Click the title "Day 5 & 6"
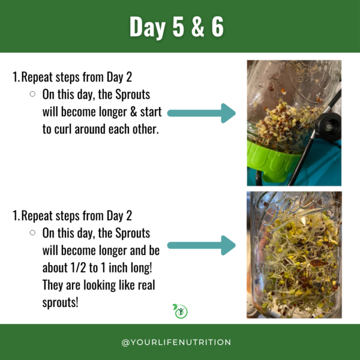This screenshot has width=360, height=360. pos(176,27)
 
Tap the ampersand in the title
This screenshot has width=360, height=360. pos(197,26)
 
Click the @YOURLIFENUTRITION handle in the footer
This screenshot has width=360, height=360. pos(176,343)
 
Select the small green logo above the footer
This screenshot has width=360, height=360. pos(180,311)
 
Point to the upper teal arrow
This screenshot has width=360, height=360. pos(202,113)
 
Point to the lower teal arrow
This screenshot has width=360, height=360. pos(202,245)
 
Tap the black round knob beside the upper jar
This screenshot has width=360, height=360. pos(328,127)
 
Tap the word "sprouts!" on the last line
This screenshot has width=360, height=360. pos(61,303)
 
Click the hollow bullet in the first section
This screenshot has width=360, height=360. pos(32,94)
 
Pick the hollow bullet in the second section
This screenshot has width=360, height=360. pos(32,233)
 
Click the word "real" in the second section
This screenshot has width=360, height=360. pos(146,285)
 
